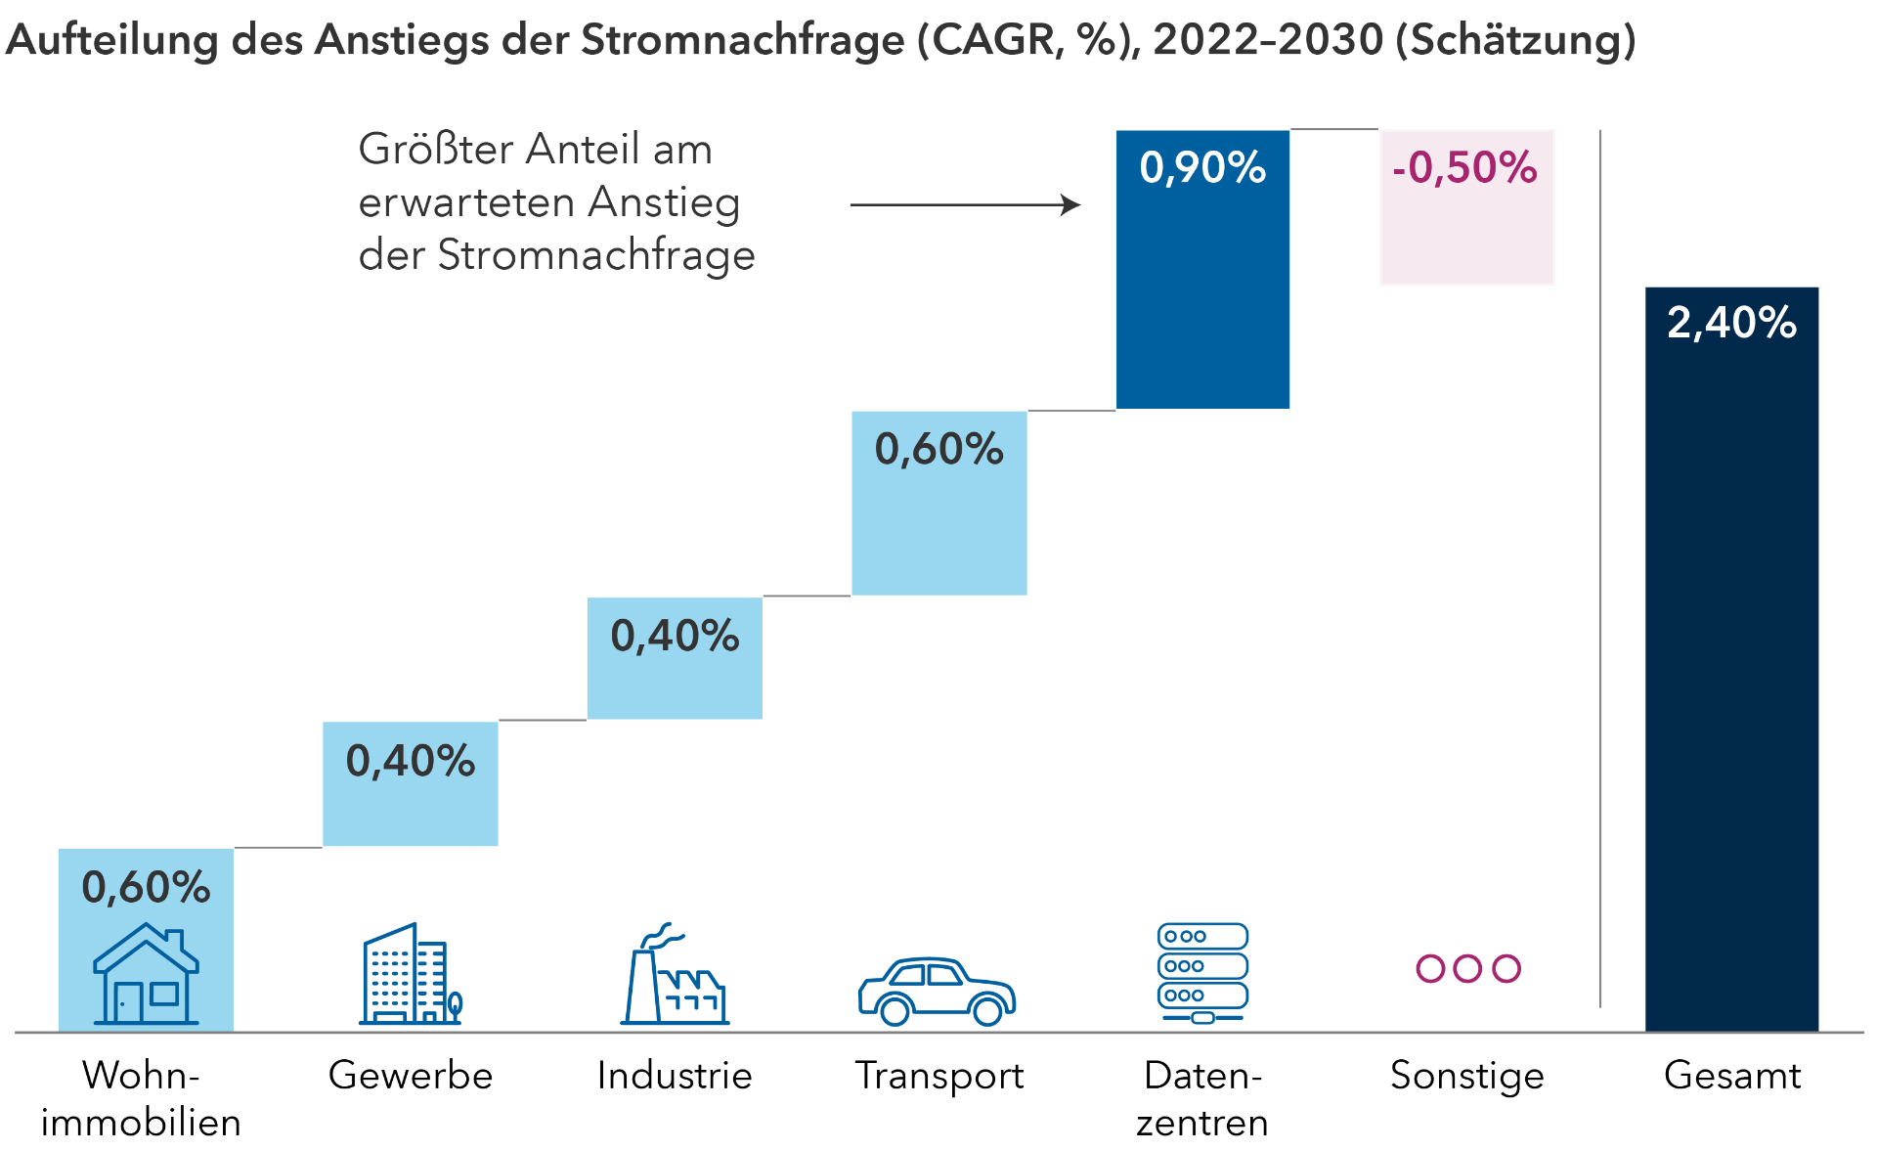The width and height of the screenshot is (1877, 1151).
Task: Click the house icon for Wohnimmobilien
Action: point(146,974)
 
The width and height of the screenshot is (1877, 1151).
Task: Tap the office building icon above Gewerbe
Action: point(410,974)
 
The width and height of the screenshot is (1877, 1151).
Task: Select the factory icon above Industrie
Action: point(675,974)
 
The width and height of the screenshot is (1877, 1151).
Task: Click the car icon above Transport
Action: point(937,991)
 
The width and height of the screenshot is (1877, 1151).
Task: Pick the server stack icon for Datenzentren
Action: point(1202,972)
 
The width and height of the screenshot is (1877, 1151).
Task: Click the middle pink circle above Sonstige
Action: point(1467,968)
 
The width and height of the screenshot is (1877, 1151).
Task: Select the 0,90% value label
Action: point(1202,168)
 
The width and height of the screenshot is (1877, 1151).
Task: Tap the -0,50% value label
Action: point(1464,168)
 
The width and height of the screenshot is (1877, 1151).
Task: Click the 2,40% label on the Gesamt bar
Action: point(1731,323)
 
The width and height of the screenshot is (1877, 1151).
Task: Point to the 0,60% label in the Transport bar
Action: point(938,450)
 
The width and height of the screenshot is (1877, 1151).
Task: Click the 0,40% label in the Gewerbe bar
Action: point(411,762)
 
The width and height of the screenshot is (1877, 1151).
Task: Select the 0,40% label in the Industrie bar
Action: point(675,637)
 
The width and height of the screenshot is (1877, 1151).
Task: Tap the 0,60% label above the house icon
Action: point(146,888)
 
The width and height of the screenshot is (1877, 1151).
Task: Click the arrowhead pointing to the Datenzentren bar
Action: point(1071,204)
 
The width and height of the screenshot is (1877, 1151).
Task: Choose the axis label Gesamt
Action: point(1731,1076)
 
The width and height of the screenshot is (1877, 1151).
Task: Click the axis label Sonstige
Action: point(1466,1076)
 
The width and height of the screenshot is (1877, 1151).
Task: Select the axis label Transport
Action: point(938,1076)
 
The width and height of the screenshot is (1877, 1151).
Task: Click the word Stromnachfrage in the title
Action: point(743,41)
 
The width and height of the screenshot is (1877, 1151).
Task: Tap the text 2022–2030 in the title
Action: point(1268,41)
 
